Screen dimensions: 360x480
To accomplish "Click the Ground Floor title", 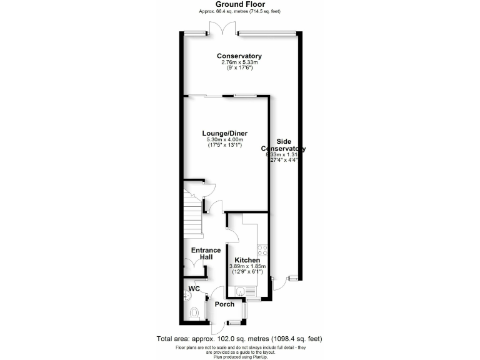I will pyautogui.click(x=239, y=4).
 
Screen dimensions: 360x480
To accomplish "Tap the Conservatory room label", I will pyautogui.click(x=239, y=56).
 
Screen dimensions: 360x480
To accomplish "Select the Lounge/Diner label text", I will pyautogui.click(x=224, y=133).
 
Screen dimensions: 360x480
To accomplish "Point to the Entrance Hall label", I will pyautogui.click(x=206, y=254).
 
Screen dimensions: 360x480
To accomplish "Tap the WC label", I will pyautogui.click(x=194, y=289).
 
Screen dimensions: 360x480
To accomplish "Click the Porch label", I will pyautogui.click(x=224, y=304).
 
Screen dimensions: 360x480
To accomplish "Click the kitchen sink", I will pyautogui.click(x=243, y=290).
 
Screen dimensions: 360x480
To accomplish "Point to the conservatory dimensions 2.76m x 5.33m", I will pyautogui.click(x=239, y=63).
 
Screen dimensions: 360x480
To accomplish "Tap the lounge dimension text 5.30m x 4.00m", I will pyautogui.click(x=224, y=140).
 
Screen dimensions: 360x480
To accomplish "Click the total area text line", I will pyautogui.click(x=239, y=339).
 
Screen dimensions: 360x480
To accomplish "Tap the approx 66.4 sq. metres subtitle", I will pyautogui.click(x=239, y=11).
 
